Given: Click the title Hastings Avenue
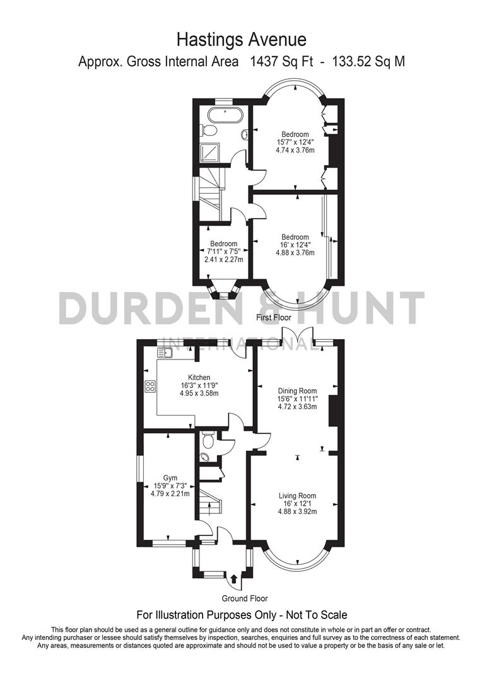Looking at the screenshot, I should tap(241, 40).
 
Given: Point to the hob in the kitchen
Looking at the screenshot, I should tap(151, 387).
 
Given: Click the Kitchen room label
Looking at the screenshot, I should tap(199, 378).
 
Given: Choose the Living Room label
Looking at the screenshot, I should tap(297, 496).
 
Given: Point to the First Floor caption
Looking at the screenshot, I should tap(273, 318).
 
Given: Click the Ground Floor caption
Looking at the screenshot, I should tap(245, 598).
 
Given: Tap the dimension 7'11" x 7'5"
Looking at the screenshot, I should tap(223, 252).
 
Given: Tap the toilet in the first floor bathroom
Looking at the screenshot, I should tap(209, 130).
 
